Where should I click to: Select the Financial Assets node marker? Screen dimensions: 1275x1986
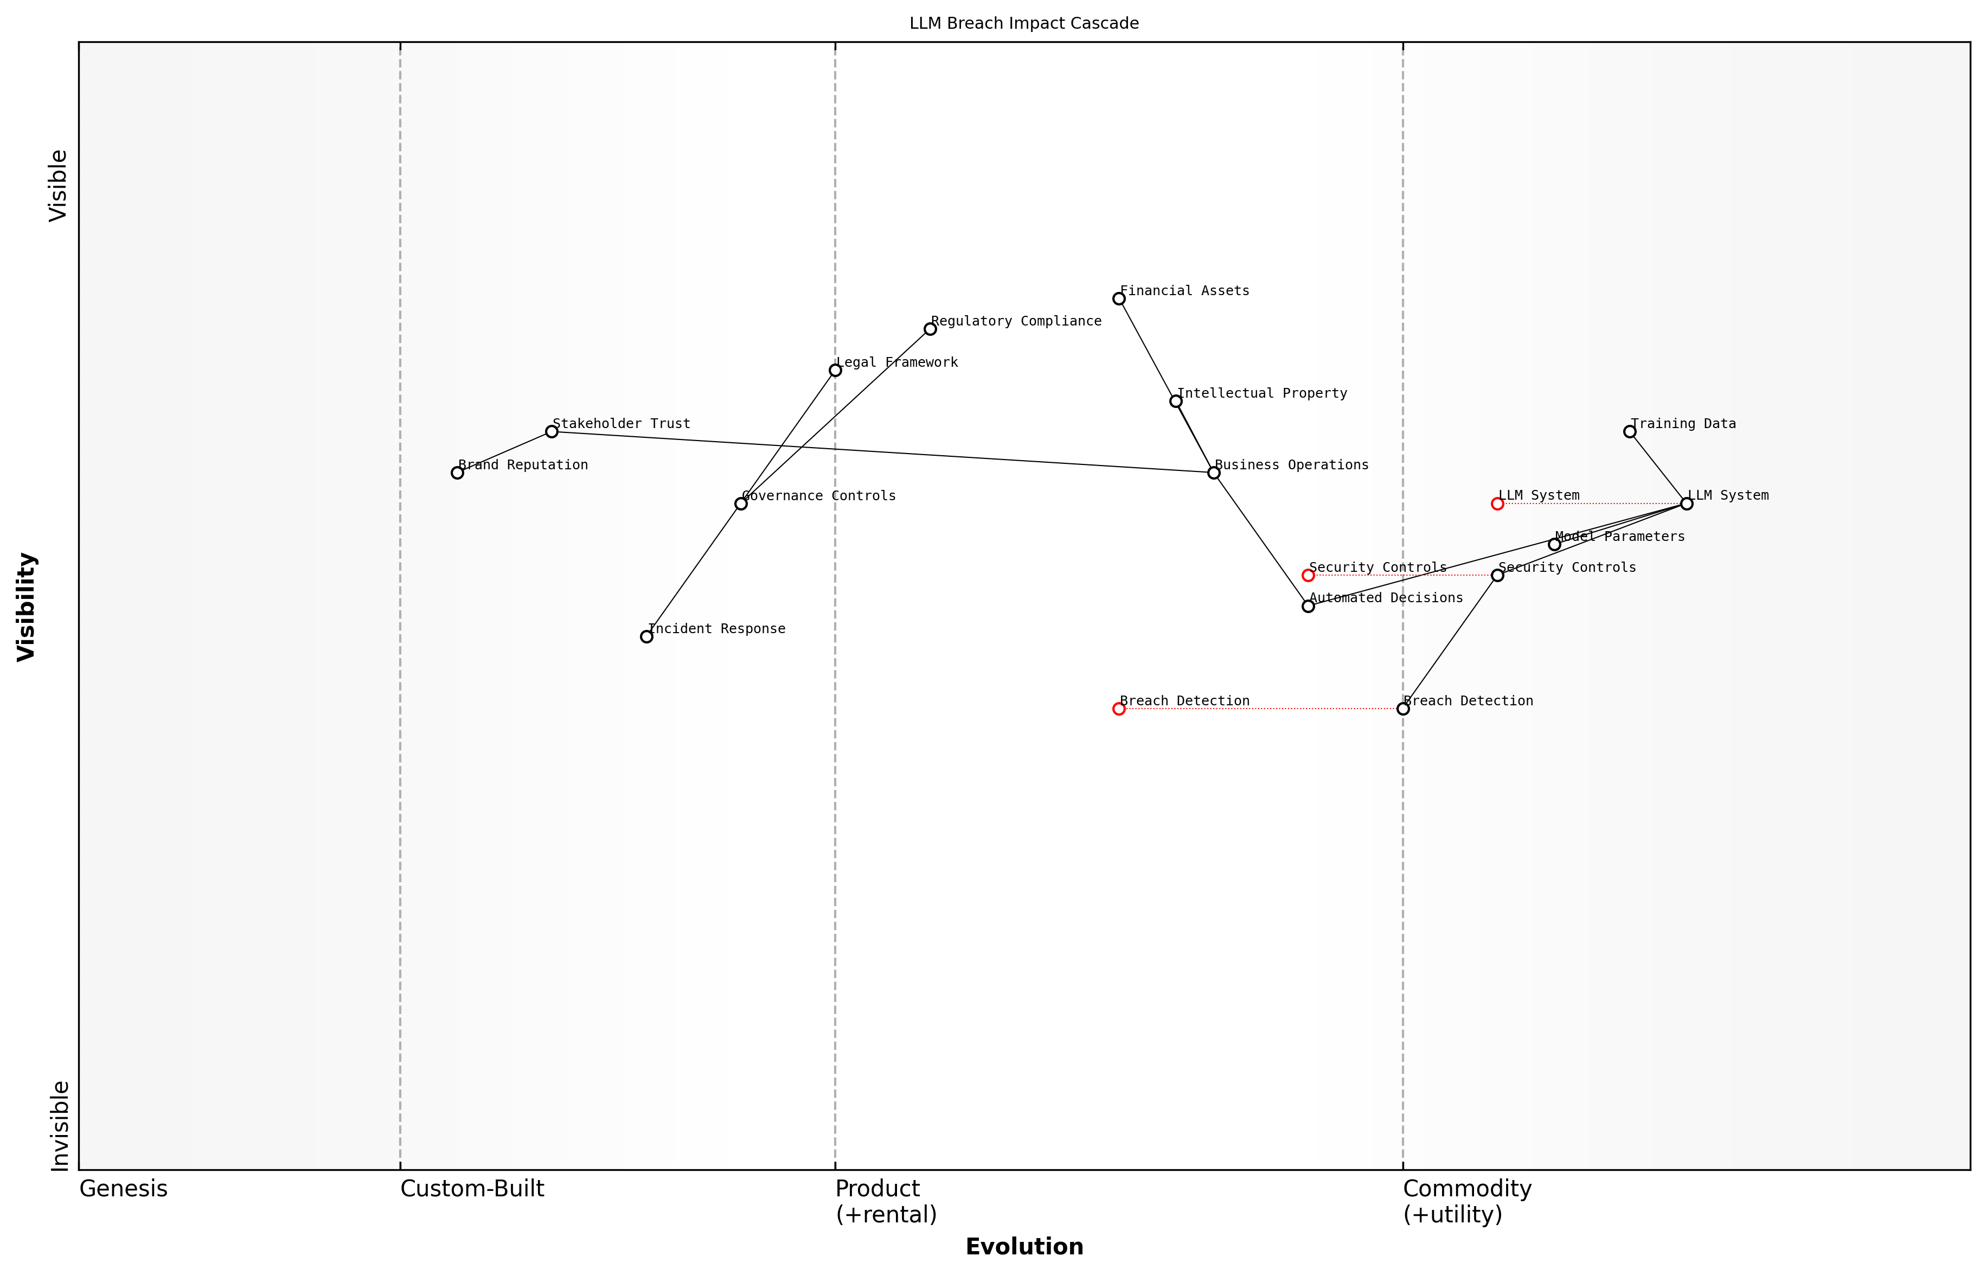click(1119, 299)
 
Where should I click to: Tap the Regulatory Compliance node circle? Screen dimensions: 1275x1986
click(930, 329)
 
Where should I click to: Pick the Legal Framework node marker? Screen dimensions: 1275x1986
click(835, 370)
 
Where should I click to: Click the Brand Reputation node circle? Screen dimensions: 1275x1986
click(457, 473)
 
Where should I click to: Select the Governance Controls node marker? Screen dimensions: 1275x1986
click(741, 503)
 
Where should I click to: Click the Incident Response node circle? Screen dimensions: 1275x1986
click(646, 636)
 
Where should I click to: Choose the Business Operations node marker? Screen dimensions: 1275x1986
click(1214, 473)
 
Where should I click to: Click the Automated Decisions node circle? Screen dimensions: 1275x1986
click(1308, 606)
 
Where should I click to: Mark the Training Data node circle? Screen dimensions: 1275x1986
click(1629, 431)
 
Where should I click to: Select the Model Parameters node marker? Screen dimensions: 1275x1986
click(1554, 544)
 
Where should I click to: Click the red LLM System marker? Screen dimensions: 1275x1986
click(1497, 503)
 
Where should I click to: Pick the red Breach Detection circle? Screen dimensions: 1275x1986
click(1119, 709)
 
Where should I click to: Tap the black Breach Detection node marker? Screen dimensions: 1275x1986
click(1402, 709)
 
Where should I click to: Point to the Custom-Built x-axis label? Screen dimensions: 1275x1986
click(472, 1189)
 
